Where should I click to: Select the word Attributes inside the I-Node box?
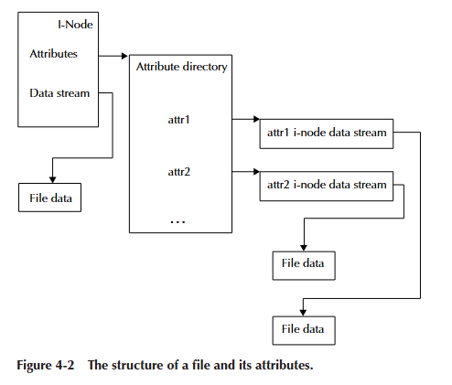point(54,54)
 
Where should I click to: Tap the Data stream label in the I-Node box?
point(59,92)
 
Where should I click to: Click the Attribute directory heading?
point(182,67)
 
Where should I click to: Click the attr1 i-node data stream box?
point(327,134)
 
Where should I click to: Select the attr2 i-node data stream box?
point(327,185)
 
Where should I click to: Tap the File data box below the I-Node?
point(51,198)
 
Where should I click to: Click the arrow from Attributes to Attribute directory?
point(112,55)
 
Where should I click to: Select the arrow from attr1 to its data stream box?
point(244,119)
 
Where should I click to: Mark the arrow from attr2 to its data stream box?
point(244,170)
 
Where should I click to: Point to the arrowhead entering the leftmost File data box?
point(52,179)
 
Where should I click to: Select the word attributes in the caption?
point(281,366)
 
